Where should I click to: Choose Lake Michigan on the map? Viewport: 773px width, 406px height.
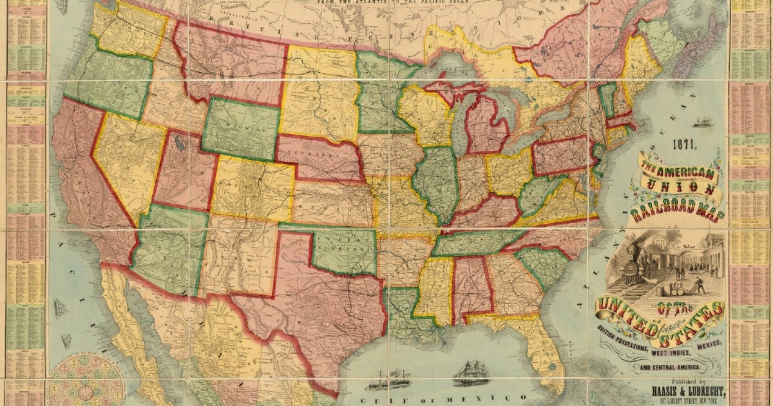pyautogui.click(x=458, y=128)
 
